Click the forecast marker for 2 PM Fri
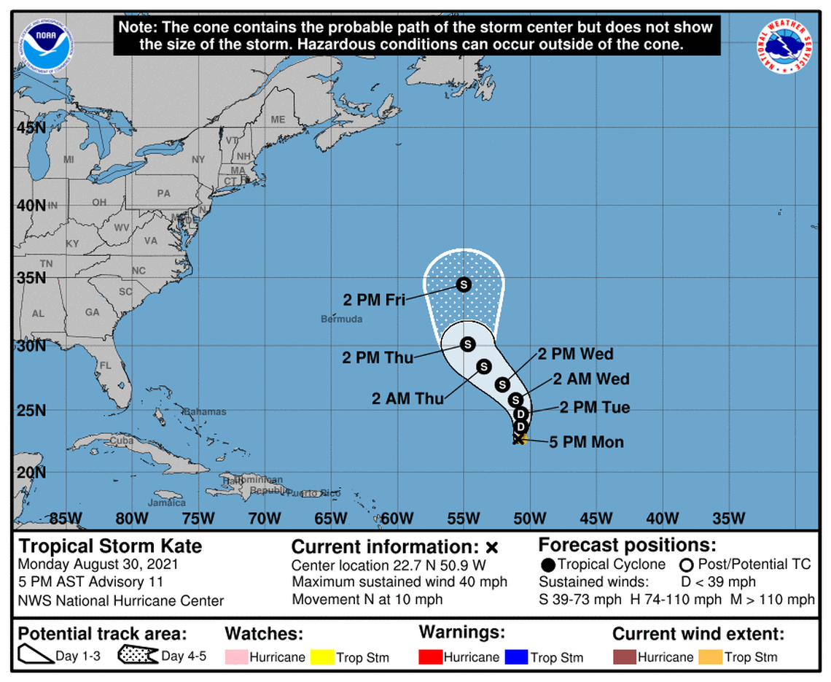[x=463, y=284]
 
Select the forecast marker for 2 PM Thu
[x=467, y=343]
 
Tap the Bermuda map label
[x=341, y=319]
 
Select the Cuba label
[x=121, y=441]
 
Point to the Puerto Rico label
[x=313, y=493]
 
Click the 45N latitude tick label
[x=31, y=128]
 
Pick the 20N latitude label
[x=31, y=472]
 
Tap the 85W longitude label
[x=64, y=519]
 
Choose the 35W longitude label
[x=728, y=519]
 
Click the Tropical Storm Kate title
[x=110, y=546]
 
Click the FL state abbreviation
[x=105, y=365]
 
